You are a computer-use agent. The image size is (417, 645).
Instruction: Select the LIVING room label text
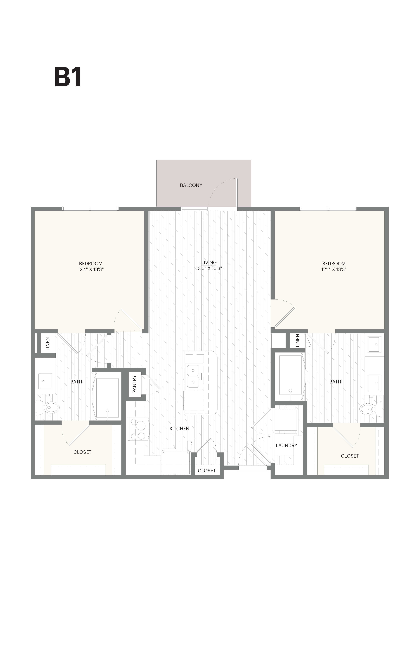pyautogui.click(x=209, y=262)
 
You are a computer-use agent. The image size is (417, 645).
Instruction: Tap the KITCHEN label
pyautogui.click(x=179, y=428)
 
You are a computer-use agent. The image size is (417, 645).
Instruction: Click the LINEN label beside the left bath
pyautogui.click(x=48, y=344)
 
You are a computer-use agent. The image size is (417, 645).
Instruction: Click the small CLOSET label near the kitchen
pyautogui.click(x=207, y=470)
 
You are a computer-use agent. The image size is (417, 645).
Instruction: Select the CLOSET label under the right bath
pyautogui.click(x=350, y=456)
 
